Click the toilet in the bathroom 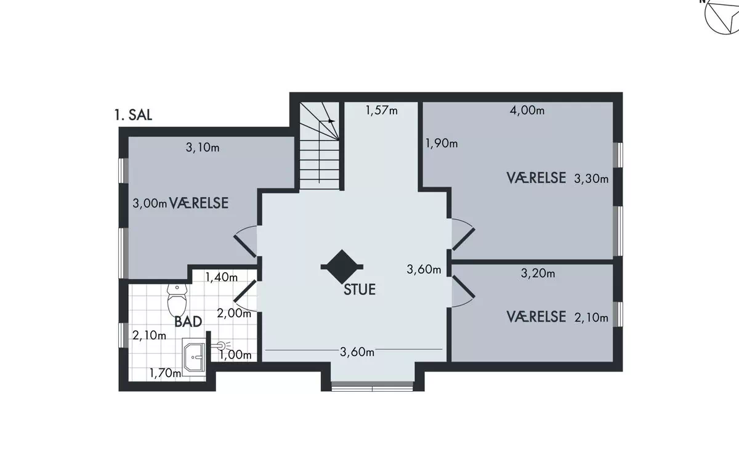[177, 301]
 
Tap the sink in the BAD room [194, 357]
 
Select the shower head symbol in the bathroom [220, 346]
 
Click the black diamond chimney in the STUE [342, 267]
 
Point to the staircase [320, 145]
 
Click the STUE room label [360, 290]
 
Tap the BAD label [188, 322]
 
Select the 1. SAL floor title [133, 115]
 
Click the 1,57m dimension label [382, 110]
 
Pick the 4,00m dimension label [527, 110]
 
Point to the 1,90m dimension [442, 143]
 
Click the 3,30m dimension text [591, 179]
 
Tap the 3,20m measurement [538, 274]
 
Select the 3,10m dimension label [203, 147]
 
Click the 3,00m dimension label [150, 203]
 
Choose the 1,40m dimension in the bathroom [221, 277]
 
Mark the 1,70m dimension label [165, 373]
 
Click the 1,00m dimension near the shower [235, 355]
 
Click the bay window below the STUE [372, 386]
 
